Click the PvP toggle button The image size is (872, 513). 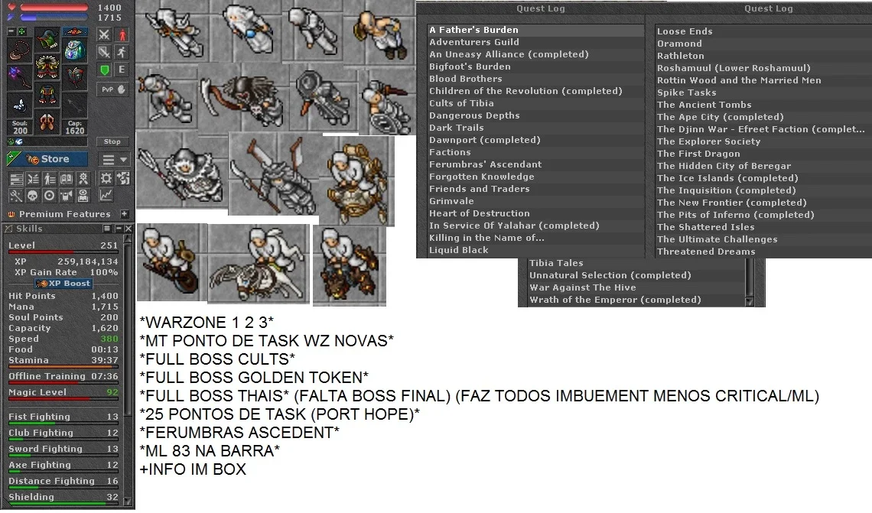click(x=112, y=89)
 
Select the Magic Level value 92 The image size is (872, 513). click(x=112, y=392)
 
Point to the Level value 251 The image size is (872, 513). click(x=109, y=245)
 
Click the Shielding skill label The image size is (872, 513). click(x=31, y=497)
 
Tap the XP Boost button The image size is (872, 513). click(x=63, y=283)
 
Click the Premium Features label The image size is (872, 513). click(x=64, y=214)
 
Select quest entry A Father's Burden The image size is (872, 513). click(x=473, y=30)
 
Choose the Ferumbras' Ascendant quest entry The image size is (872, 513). click(x=485, y=164)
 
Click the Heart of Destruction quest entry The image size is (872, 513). click(x=480, y=213)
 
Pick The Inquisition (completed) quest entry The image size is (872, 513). click(x=726, y=190)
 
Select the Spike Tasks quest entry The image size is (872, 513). click(x=686, y=93)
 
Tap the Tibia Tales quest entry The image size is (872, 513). click(x=556, y=263)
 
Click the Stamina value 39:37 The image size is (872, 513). click(x=105, y=360)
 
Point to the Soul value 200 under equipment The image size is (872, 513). click(x=20, y=131)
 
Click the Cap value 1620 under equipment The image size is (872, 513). click(x=74, y=131)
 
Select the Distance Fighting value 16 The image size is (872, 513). click(x=112, y=481)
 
